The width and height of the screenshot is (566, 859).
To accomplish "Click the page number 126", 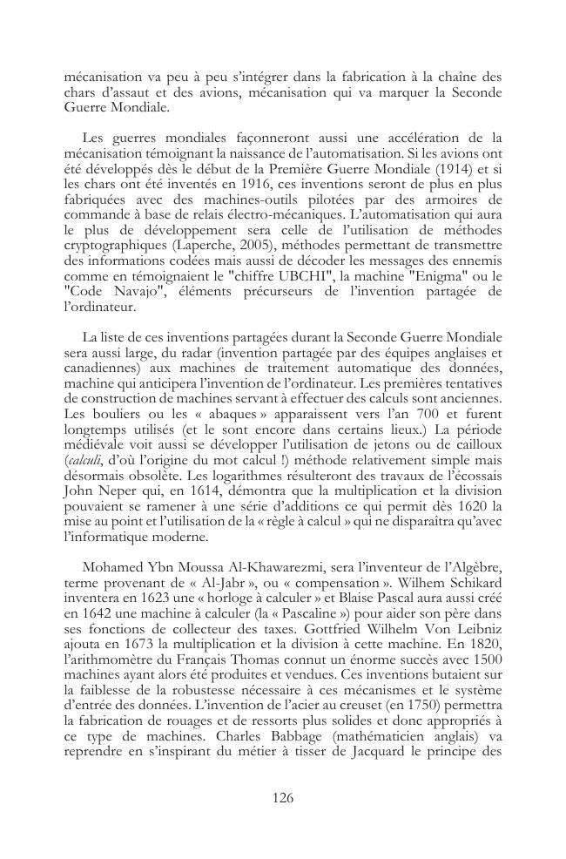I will [283, 798].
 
